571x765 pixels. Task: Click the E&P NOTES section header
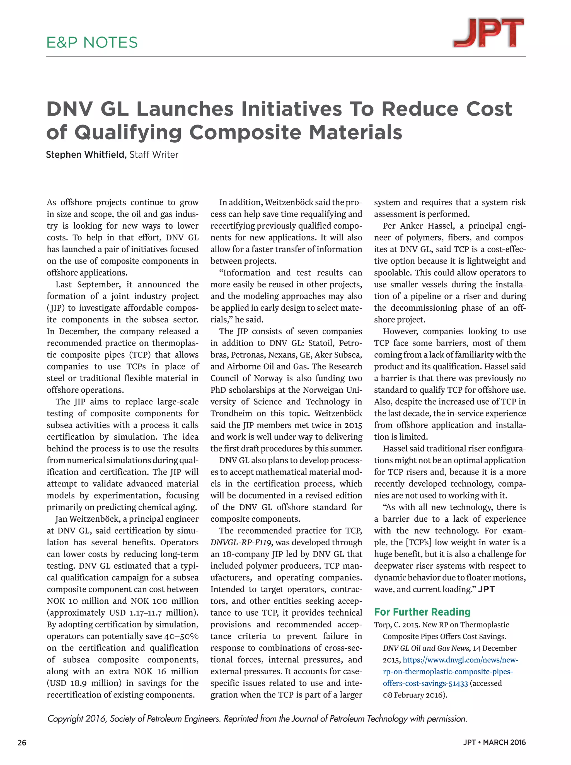[x=92, y=42]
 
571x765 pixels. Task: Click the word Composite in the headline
[x=246, y=133]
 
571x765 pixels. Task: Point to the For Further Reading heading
[x=422, y=612]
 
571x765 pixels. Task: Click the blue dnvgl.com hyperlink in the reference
[x=449, y=671]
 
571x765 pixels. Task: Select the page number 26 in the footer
[x=22, y=742]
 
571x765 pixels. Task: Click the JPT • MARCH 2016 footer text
[x=494, y=742]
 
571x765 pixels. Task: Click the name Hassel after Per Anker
[x=441, y=226]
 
